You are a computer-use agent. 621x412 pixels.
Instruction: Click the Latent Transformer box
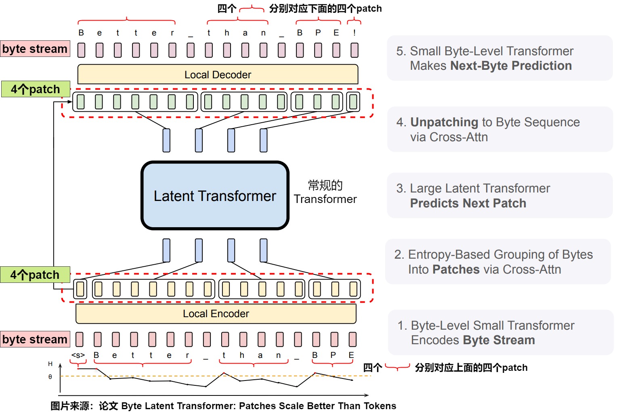pos(215,196)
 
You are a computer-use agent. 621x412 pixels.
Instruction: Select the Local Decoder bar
pos(218,75)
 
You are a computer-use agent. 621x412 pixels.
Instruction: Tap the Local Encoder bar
pos(216,314)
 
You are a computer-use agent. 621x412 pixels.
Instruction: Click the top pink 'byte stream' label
pos(35,49)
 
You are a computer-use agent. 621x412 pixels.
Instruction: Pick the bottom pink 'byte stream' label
pos(35,339)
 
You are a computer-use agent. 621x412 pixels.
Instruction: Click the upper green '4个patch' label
pos(36,89)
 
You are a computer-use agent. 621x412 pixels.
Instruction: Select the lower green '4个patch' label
pos(35,275)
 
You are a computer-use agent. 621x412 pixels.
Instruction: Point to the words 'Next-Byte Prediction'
pos(511,66)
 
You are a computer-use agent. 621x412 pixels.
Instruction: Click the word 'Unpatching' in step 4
pos(444,122)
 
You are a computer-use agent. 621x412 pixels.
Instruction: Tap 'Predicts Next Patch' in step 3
pos(468,203)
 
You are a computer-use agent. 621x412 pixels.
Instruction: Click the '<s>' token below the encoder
pos(78,356)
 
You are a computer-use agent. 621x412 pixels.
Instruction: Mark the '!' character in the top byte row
pos(355,33)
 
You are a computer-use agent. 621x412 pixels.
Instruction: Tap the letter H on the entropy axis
pos(50,364)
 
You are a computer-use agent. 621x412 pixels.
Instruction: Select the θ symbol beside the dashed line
pos(50,377)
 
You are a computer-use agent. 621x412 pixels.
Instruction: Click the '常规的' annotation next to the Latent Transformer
pos(325,186)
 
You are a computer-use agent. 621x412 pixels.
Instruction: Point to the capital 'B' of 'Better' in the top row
pos(81,33)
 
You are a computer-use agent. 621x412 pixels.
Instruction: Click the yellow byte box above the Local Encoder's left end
pos(80,289)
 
